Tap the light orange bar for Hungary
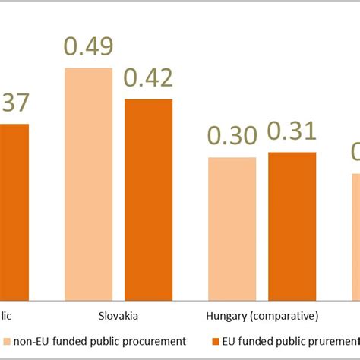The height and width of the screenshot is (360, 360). pyautogui.click(x=232, y=229)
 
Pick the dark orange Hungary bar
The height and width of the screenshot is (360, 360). pyautogui.click(x=292, y=226)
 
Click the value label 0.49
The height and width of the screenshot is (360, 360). pyautogui.click(x=88, y=47)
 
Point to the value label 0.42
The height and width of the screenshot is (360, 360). pyautogui.click(x=149, y=78)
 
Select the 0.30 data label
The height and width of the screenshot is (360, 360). pyautogui.click(x=232, y=137)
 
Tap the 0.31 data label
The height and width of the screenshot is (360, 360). pyautogui.click(x=292, y=131)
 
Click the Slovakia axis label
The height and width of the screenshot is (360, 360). pyautogui.click(x=118, y=315)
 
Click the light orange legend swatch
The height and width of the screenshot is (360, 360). pyautogui.click(x=7, y=341)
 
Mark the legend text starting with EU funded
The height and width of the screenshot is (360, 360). pyautogui.click(x=285, y=341)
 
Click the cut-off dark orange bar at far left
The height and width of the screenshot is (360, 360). pyautogui.click(x=14, y=213)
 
